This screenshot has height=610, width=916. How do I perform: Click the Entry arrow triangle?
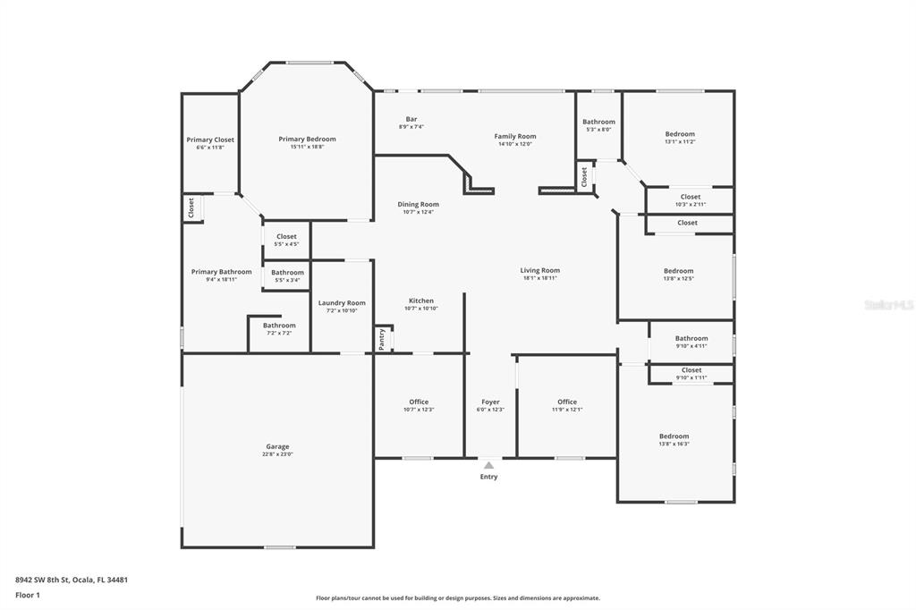[488, 465]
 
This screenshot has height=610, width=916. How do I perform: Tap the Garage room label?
[277, 446]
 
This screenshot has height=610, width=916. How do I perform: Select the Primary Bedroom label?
[307, 139]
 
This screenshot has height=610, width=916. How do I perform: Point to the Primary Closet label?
[210, 140]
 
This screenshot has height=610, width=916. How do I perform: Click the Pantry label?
[382, 339]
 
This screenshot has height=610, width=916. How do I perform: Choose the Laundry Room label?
[342, 303]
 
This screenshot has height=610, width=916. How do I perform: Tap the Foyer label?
[490, 402]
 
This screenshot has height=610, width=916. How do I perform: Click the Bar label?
[411, 119]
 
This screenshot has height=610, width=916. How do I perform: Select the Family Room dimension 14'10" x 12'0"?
[515, 144]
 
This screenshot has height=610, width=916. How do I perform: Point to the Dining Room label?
[418, 204]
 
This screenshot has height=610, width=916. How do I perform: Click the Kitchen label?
[420, 301]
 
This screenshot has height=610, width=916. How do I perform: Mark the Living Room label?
[540, 270]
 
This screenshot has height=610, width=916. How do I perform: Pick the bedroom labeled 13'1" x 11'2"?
[680, 134]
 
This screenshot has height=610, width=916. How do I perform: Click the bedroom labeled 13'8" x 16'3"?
[674, 436]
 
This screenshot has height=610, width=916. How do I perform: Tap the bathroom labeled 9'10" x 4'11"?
[691, 338]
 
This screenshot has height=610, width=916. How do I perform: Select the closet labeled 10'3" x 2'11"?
[691, 197]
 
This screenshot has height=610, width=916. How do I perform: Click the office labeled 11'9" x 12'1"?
[567, 402]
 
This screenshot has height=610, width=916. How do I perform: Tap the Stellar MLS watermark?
[887, 305]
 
